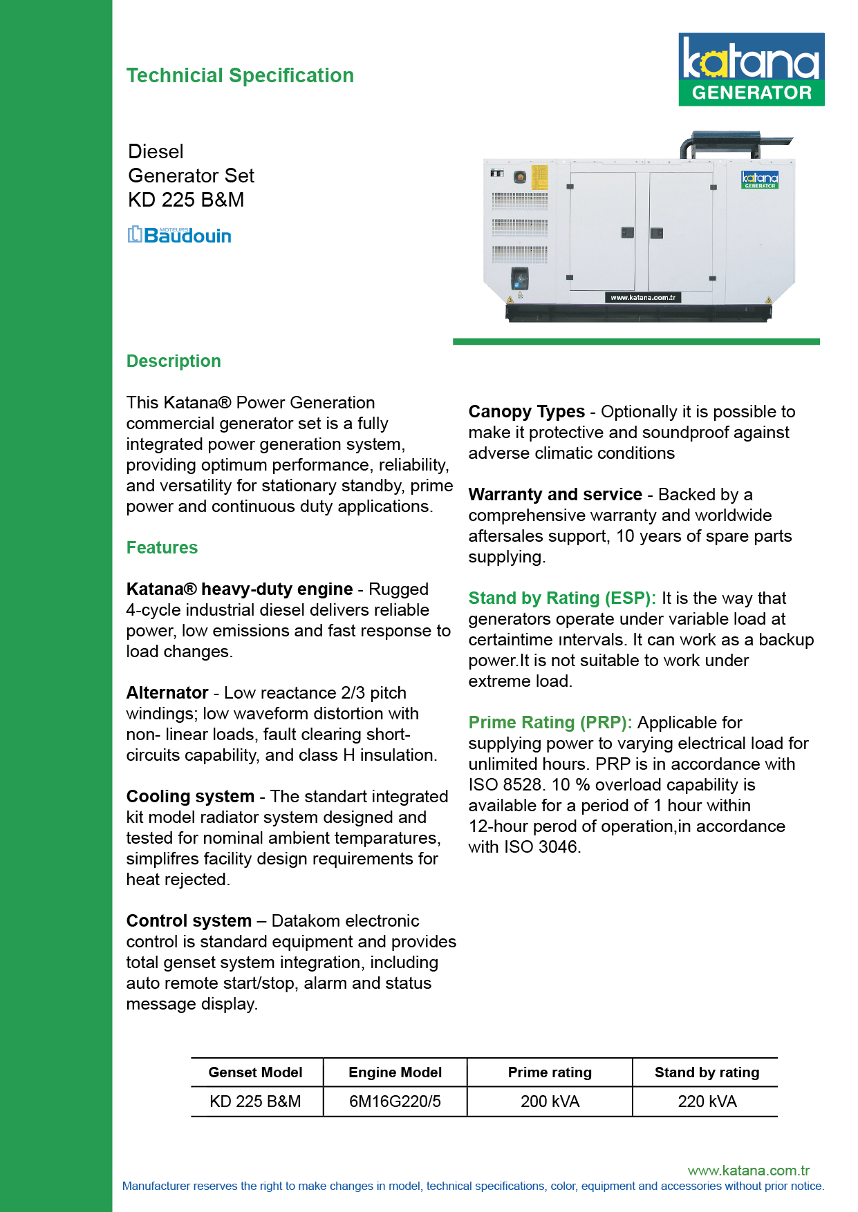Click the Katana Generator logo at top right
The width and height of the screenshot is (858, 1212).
(x=751, y=69)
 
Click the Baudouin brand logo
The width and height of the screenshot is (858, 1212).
(x=179, y=235)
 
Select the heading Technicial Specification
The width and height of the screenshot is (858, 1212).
(x=240, y=75)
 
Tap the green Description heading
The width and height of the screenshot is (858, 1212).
(x=174, y=361)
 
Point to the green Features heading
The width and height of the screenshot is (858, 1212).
(x=162, y=548)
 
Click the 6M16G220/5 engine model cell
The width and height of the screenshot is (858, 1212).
(x=395, y=1101)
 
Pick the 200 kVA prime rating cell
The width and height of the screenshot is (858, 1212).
(x=550, y=1101)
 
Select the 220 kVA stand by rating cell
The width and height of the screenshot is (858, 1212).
(x=707, y=1101)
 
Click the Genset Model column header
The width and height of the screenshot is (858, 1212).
(x=255, y=1072)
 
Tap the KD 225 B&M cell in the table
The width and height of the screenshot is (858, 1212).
(x=255, y=1101)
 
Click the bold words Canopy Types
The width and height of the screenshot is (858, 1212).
(x=526, y=412)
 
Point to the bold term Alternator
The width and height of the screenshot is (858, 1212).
(x=167, y=693)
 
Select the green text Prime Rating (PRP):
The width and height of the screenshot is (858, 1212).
(x=550, y=723)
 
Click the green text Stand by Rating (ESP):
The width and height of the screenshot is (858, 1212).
(x=561, y=598)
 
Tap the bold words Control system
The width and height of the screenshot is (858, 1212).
(x=189, y=921)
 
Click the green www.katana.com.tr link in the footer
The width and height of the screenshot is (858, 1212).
(x=748, y=1171)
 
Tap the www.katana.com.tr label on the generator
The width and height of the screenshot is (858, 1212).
(x=643, y=298)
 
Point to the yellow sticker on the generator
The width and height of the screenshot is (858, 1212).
(x=539, y=178)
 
